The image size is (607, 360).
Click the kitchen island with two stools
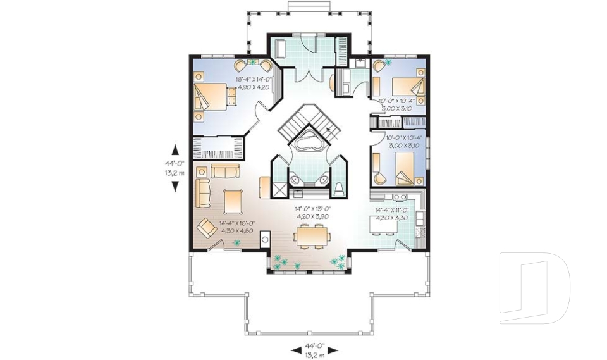click(x=391, y=223)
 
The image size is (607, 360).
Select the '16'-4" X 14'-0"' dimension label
click(x=254, y=80)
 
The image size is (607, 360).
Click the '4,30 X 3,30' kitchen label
click(x=392, y=217)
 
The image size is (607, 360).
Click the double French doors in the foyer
click(x=307, y=74)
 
